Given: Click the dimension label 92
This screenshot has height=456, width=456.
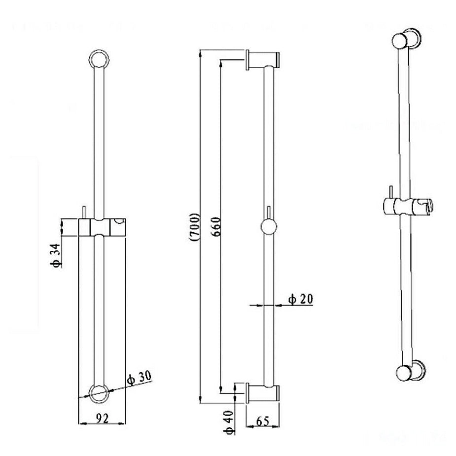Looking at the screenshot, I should tap(102, 419).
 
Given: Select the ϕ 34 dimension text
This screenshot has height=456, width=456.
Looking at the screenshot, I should tap(57, 255).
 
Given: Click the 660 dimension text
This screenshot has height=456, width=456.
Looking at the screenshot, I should tap(213, 227).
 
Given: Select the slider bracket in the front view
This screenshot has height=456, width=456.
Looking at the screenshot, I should tap(102, 227).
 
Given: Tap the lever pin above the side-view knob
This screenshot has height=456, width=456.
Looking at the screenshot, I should tap(268, 213).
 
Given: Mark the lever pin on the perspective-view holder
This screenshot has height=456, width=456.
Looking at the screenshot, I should tap(389, 191).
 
